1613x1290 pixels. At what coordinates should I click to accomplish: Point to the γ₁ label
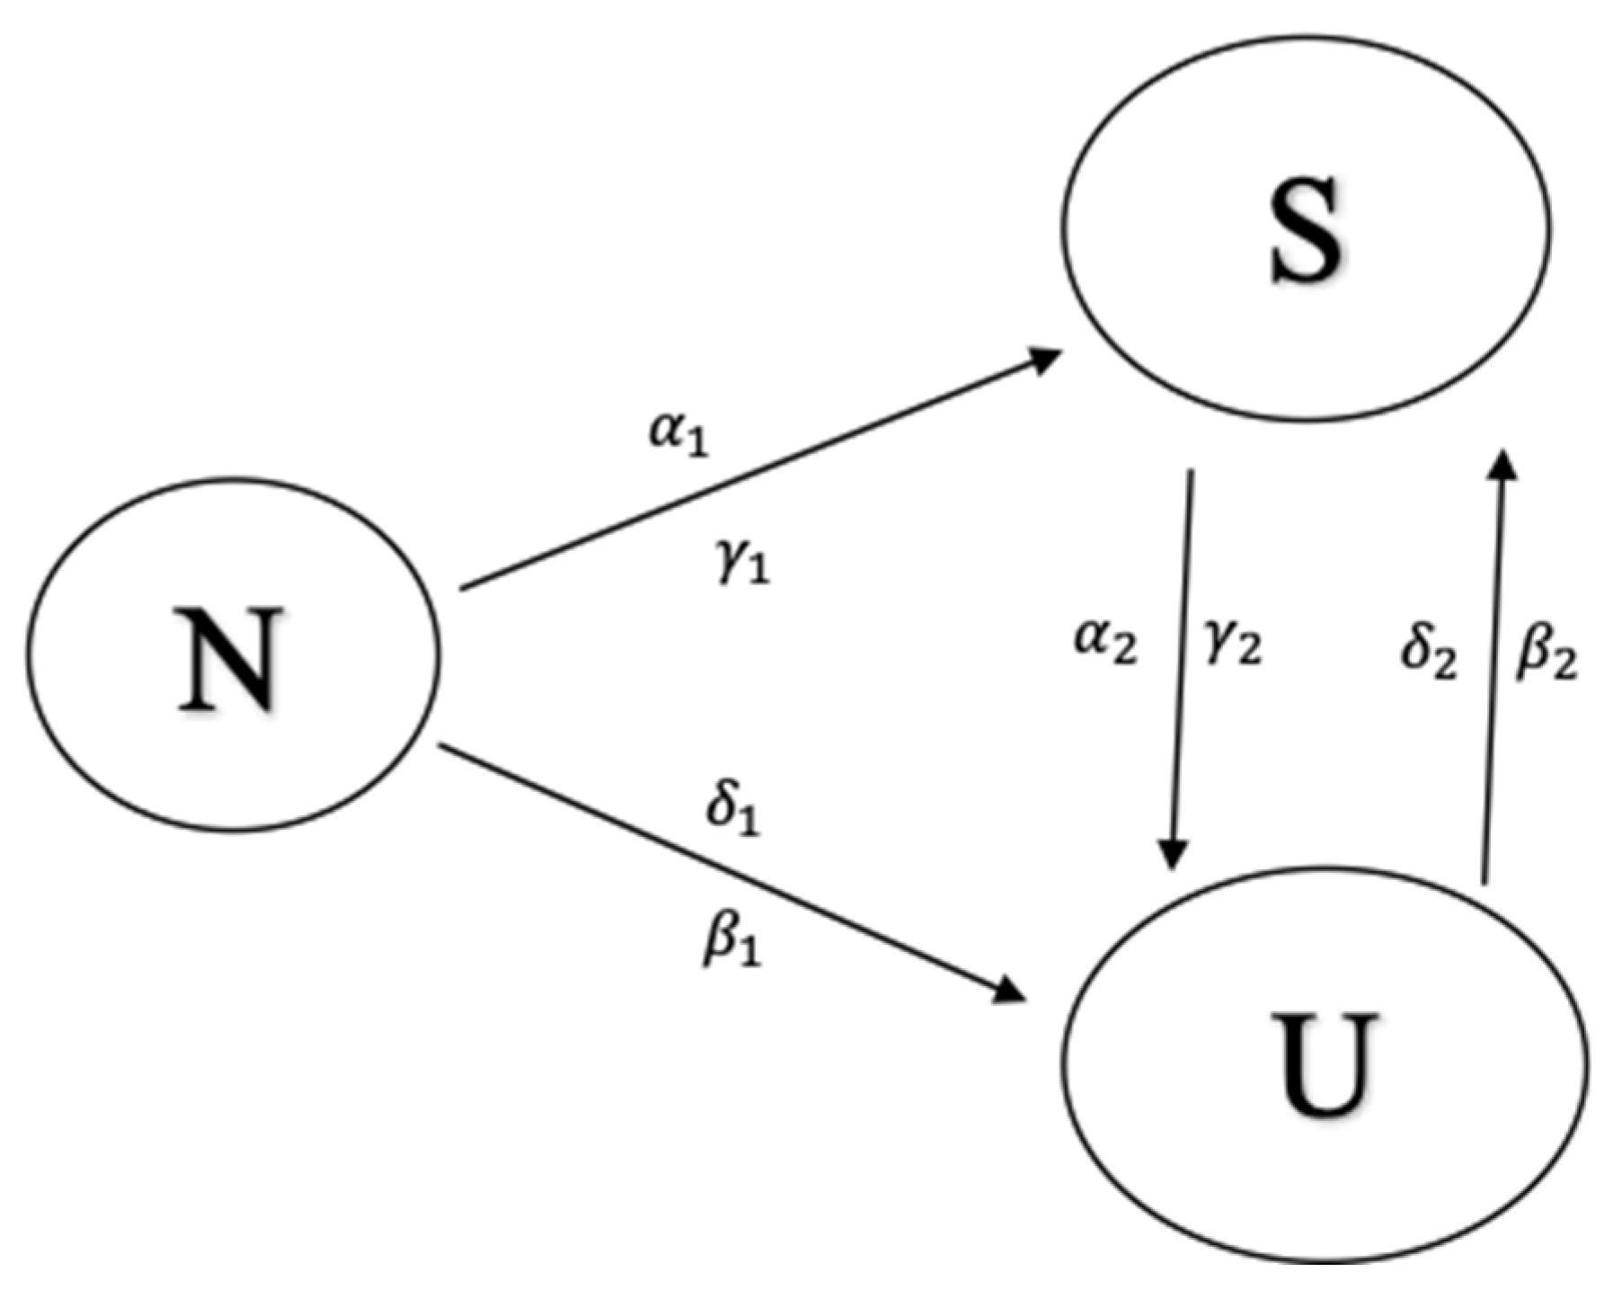743,565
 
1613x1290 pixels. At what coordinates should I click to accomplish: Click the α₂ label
1106,644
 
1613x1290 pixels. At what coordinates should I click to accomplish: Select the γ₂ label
1232,644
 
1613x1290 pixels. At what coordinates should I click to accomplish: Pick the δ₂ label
1429,651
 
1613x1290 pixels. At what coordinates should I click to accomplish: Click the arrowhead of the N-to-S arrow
1046,360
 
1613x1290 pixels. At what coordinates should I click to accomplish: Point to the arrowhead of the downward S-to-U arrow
1173,854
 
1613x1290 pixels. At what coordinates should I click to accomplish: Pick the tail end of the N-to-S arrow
464,588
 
